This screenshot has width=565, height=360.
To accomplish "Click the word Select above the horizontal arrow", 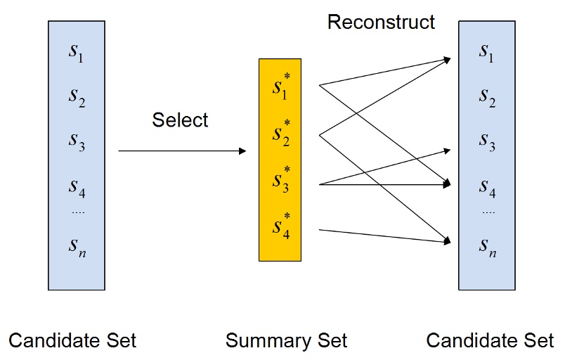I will pyautogui.click(x=180, y=120).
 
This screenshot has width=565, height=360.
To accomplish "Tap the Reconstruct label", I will pyautogui.click(x=381, y=22).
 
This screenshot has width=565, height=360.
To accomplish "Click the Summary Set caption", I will pyautogui.click(x=286, y=342).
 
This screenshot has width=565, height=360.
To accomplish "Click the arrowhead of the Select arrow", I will pyautogui.click(x=242, y=151).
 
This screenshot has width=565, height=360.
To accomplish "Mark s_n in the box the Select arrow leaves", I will pyautogui.click(x=77, y=247).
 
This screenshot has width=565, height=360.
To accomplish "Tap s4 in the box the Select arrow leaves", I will pyautogui.click(x=77, y=188).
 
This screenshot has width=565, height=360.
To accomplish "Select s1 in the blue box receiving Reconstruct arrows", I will pyautogui.click(x=486, y=52).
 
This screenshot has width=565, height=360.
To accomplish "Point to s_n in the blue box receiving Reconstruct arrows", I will pyautogui.click(x=486, y=246).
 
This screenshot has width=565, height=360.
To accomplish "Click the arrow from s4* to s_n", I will pyautogui.click(x=383, y=236).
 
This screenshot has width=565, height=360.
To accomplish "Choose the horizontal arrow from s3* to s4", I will pyautogui.click(x=383, y=185).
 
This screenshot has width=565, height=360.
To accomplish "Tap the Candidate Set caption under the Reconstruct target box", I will pyautogui.click(x=490, y=342).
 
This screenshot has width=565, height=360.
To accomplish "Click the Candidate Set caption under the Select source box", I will pyautogui.click(x=72, y=342).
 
